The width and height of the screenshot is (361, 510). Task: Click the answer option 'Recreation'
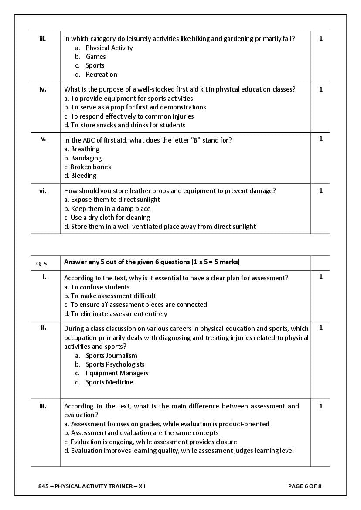101,75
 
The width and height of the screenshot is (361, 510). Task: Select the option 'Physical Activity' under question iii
109,48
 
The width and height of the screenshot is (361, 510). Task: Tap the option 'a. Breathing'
82,149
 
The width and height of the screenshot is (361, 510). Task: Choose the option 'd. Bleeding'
80,176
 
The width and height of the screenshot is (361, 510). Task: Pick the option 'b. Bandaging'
83,158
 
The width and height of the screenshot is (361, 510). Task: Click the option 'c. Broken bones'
88,167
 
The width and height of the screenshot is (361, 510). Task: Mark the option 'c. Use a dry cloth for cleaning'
107,218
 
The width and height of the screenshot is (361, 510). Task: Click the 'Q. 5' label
41,263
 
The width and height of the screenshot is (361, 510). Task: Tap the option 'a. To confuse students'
97,287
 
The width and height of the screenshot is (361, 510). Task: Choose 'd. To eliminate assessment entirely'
116,314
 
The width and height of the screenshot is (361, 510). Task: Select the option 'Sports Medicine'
109,382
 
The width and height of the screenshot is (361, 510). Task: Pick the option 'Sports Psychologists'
115,364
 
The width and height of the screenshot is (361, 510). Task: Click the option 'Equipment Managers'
117,373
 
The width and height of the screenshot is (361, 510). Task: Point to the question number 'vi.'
43,190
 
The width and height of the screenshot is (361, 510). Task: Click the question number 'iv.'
43,89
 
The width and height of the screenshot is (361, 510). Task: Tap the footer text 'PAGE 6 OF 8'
305,486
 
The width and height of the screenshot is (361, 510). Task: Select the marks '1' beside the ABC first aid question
321,139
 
